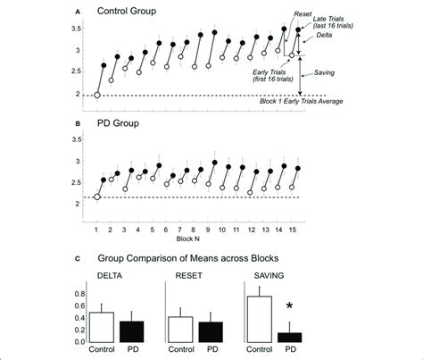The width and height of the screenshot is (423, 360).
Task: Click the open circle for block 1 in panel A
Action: point(97,94)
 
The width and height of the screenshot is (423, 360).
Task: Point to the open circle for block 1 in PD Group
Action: point(97,197)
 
